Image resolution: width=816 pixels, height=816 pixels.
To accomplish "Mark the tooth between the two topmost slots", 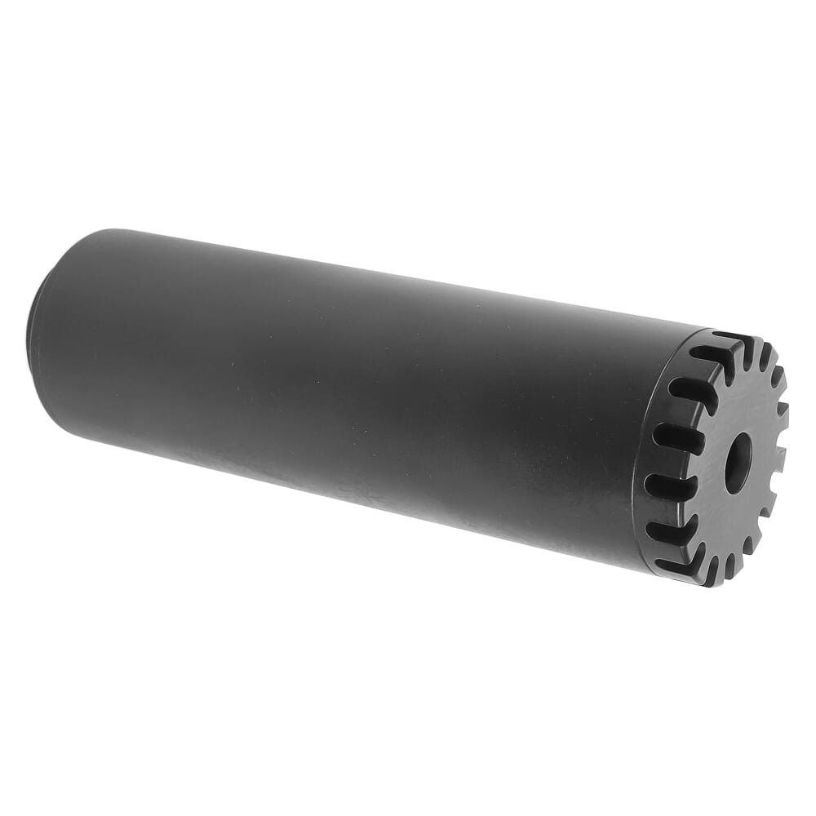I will (747, 347).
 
